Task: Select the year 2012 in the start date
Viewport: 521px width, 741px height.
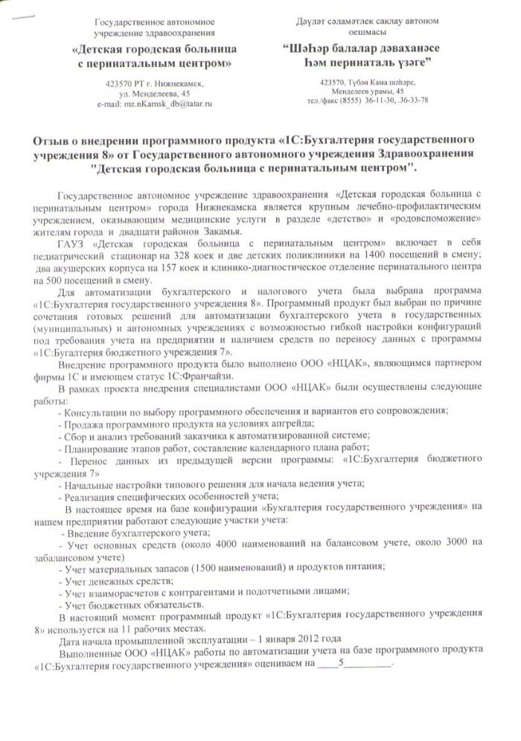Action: (307, 638)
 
